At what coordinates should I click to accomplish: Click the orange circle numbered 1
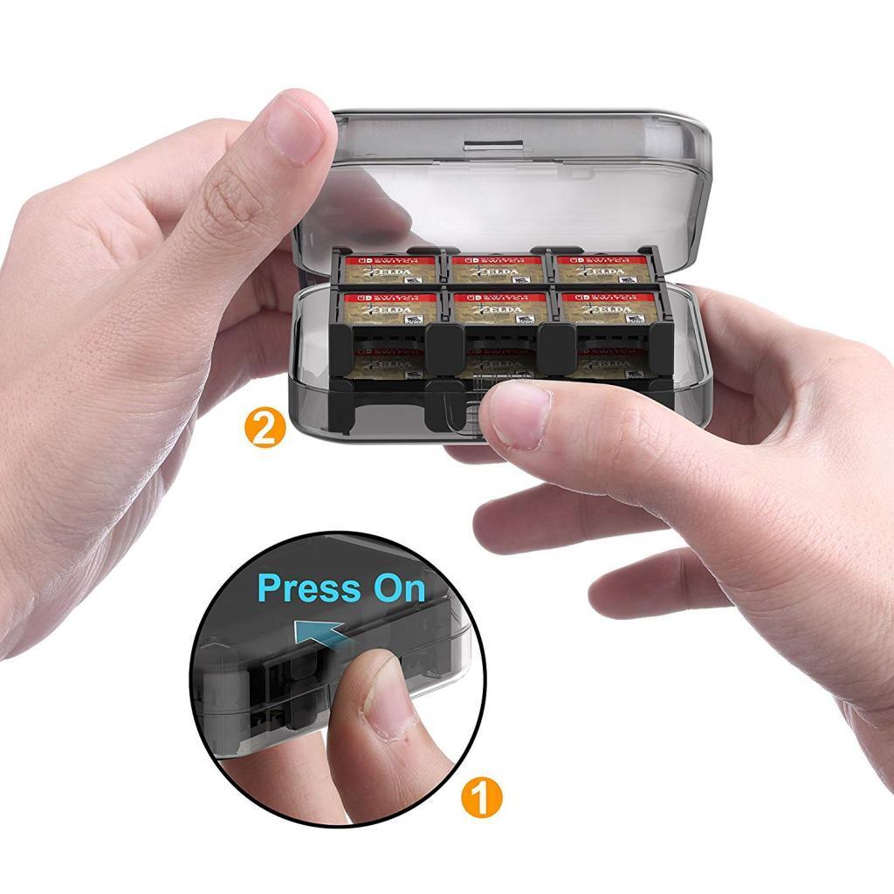[x=481, y=798]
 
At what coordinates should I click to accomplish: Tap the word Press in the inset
[x=309, y=588]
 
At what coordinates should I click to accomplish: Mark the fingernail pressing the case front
[x=518, y=415]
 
